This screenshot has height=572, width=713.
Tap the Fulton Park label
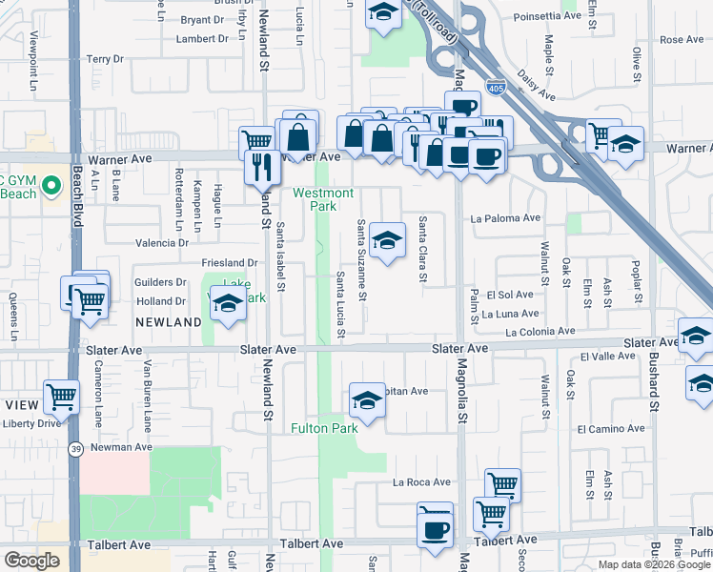tap(324, 428)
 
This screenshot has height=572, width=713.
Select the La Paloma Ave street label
tap(505, 218)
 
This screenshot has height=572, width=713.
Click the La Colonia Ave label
tap(540, 332)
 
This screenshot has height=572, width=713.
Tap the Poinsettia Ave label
tap(546, 16)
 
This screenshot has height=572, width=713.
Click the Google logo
tap(31, 561)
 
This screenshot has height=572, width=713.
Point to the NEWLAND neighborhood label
tap(168, 323)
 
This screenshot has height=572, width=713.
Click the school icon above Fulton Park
tap(367, 401)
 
